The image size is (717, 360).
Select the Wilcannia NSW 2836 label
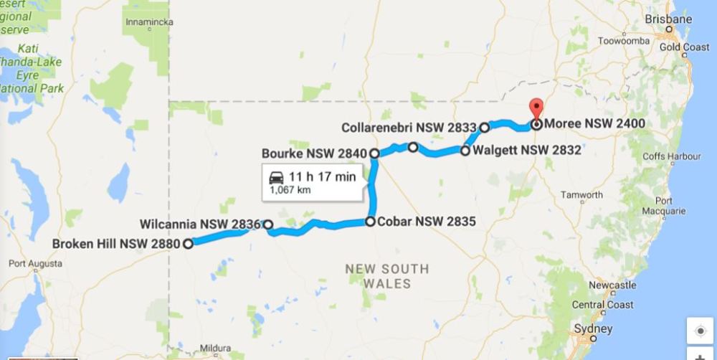[x=200, y=224]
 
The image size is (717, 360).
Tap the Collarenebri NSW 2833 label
[x=409, y=127]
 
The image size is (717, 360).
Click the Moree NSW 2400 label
[x=594, y=123]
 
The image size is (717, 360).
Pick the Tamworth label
[x=581, y=195]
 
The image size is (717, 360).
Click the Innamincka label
[x=149, y=22]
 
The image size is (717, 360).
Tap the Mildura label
[x=215, y=349]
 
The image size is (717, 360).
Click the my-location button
[x=700, y=331]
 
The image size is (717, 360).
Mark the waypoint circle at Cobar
[x=370, y=222]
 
